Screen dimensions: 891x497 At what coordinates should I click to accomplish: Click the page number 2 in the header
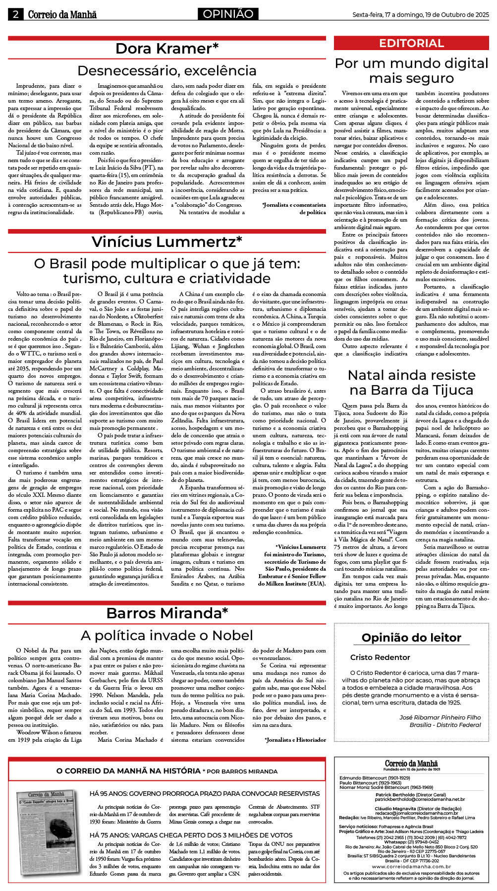click(x=15, y=14)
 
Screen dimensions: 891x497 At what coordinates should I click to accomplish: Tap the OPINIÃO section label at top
click(x=228, y=14)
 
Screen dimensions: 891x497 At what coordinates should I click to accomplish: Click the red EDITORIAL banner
click(x=411, y=43)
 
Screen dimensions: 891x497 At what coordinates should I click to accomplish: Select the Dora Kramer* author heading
click(x=167, y=49)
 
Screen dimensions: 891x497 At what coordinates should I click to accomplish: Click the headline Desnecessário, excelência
click(x=167, y=70)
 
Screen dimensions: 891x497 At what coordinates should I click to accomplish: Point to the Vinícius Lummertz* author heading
click(x=167, y=241)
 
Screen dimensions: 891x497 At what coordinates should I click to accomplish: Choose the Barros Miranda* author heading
click(x=167, y=613)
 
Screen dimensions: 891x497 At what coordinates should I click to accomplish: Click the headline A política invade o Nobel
click(x=167, y=635)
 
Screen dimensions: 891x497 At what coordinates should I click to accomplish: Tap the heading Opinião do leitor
click(x=411, y=638)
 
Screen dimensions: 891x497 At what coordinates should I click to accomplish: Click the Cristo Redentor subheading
click(x=380, y=657)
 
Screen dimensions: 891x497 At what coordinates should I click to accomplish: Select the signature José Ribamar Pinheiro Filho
click(x=440, y=717)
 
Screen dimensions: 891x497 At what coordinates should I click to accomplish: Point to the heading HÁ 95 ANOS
click(x=204, y=794)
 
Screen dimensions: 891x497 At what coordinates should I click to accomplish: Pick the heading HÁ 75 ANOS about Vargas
click(x=191, y=835)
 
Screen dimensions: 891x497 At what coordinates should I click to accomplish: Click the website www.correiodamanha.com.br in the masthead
click(x=411, y=867)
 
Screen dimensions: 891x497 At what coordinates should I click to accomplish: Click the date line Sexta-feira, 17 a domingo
click(x=420, y=15)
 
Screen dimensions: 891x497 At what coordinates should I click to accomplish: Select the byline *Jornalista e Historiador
click(x=295, y=740)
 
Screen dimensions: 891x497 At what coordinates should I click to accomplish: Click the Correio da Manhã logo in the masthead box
click(x=411, y=764)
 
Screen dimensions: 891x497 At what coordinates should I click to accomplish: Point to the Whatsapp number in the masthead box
click(x=411, y=842)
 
